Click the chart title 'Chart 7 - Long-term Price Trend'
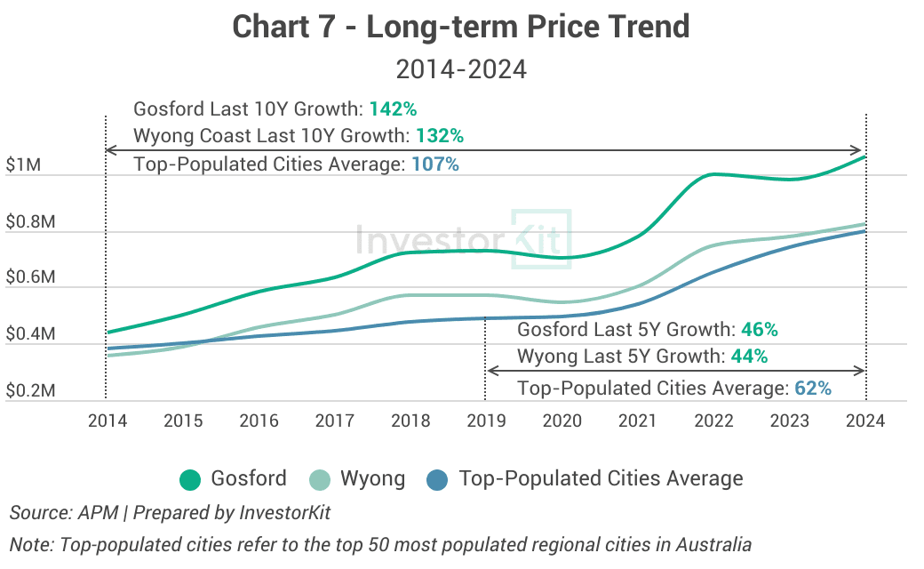[461, 27]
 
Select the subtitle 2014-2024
[461, 69]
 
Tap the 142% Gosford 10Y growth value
[393, 109]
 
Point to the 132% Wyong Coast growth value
[439, 137]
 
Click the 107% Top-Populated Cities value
[434, 164]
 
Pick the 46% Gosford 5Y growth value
[759, 330]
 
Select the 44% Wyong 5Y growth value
[749, 357]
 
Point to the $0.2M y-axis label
[30, 391]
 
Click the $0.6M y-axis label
[30, 278]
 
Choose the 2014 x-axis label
[107, 421]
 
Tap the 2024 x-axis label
[865, 421]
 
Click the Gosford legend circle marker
[190, 479]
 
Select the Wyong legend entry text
[372, 479]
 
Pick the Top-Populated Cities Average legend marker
[439, 479]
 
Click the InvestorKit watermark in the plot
[462, 238]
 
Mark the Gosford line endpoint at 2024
[865, 157]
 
